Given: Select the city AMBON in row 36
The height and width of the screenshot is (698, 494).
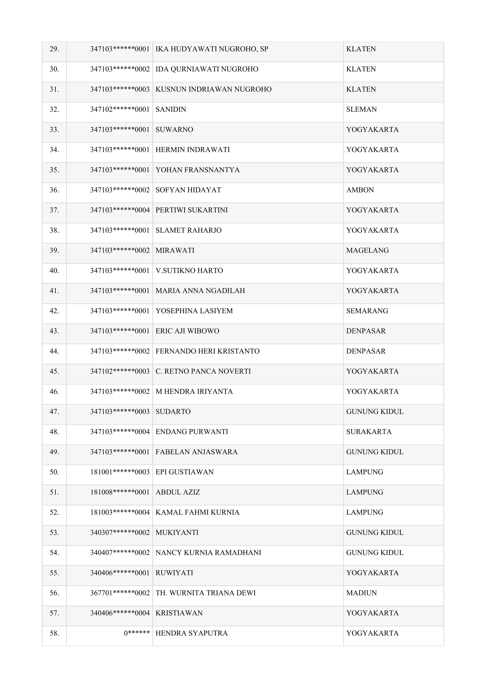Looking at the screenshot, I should click(360, 190).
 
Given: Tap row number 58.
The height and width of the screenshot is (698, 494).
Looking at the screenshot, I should click(54, 633).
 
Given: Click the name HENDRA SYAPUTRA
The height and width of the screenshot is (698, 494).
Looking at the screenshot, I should click(191, 633).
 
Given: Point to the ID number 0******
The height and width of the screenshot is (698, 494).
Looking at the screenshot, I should click(137, 633).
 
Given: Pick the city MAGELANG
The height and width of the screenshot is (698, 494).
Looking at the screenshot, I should click(367, 250).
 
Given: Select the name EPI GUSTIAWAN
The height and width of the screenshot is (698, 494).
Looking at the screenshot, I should click(184, 472).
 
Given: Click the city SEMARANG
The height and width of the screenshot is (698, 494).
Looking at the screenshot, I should click(367, 311).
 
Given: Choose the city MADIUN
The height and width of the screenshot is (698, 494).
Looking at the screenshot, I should click(361, 593).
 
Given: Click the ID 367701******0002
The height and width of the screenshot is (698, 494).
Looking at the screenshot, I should click(120, 593).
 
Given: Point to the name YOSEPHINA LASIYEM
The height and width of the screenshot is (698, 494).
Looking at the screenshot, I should click(194, 311).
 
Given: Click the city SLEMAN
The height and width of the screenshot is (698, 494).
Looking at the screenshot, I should click(361, 109).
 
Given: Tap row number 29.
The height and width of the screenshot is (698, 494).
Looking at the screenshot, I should click(54, 49).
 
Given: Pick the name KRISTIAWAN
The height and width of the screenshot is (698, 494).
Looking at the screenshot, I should click(179, 613).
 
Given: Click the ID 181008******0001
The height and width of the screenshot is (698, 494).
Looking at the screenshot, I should click(120, 492).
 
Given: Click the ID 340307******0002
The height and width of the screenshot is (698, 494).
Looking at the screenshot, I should click(120, 533).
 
